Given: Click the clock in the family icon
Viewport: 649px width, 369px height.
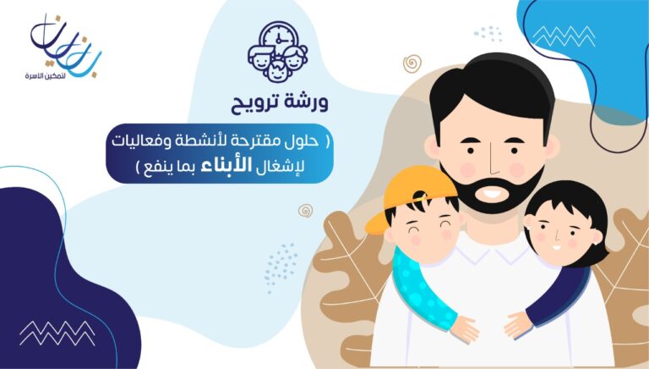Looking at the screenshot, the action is (x=278, y=39).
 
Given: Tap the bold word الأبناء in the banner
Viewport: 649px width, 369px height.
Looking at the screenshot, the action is (x=226, y=165).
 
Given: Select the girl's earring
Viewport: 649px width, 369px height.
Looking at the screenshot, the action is (x=529, y=227).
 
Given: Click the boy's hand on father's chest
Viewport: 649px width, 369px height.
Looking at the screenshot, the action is (x=465, y=329).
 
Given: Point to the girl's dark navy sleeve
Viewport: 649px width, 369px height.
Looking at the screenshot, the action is (x=558, y=295).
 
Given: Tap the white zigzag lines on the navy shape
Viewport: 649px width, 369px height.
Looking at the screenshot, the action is (x=57, y=333).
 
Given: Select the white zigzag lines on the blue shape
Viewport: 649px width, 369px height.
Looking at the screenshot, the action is (x=564, y=36).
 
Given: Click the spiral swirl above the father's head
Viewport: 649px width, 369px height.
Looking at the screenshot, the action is (x=412, y=63).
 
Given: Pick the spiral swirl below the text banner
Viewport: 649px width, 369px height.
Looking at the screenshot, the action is (x=305, y=210).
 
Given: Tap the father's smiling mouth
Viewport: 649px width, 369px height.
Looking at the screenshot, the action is (x=492, y=193).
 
